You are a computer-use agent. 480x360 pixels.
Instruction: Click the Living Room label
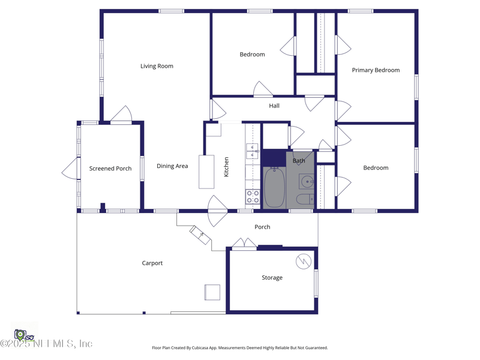(x=157, y=66)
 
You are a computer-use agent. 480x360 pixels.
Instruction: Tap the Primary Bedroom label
(x=376, y=70)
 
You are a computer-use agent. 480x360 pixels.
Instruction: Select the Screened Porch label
(x=110, y=169)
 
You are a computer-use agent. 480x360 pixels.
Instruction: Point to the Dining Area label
(x=172, y=166)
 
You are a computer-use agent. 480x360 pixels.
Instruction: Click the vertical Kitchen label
(x=226, y=167)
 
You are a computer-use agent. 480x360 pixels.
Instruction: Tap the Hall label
(x=274, y=106)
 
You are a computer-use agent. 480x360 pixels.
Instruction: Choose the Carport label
(x=152, y=263)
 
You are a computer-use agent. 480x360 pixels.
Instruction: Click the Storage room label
(x=272, y=277)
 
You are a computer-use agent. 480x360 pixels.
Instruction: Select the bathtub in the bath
(x=274, y=187)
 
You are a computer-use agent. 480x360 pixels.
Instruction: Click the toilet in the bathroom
(x=305, y=199)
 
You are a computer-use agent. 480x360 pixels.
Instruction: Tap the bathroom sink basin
(x=307, y=182)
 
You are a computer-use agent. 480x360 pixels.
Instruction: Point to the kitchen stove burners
(x=253, y=197)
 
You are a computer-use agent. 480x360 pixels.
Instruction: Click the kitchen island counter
(x=206, y=172)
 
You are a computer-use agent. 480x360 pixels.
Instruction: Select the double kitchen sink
(x=253, y=151)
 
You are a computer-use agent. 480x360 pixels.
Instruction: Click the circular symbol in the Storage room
(x=304, y=262)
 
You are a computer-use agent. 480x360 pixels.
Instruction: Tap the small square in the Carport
(x=212, y=292)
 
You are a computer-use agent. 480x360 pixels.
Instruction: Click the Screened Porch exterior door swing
(x=71, y=169)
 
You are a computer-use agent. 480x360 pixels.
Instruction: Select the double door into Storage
(x=244, y=244)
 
